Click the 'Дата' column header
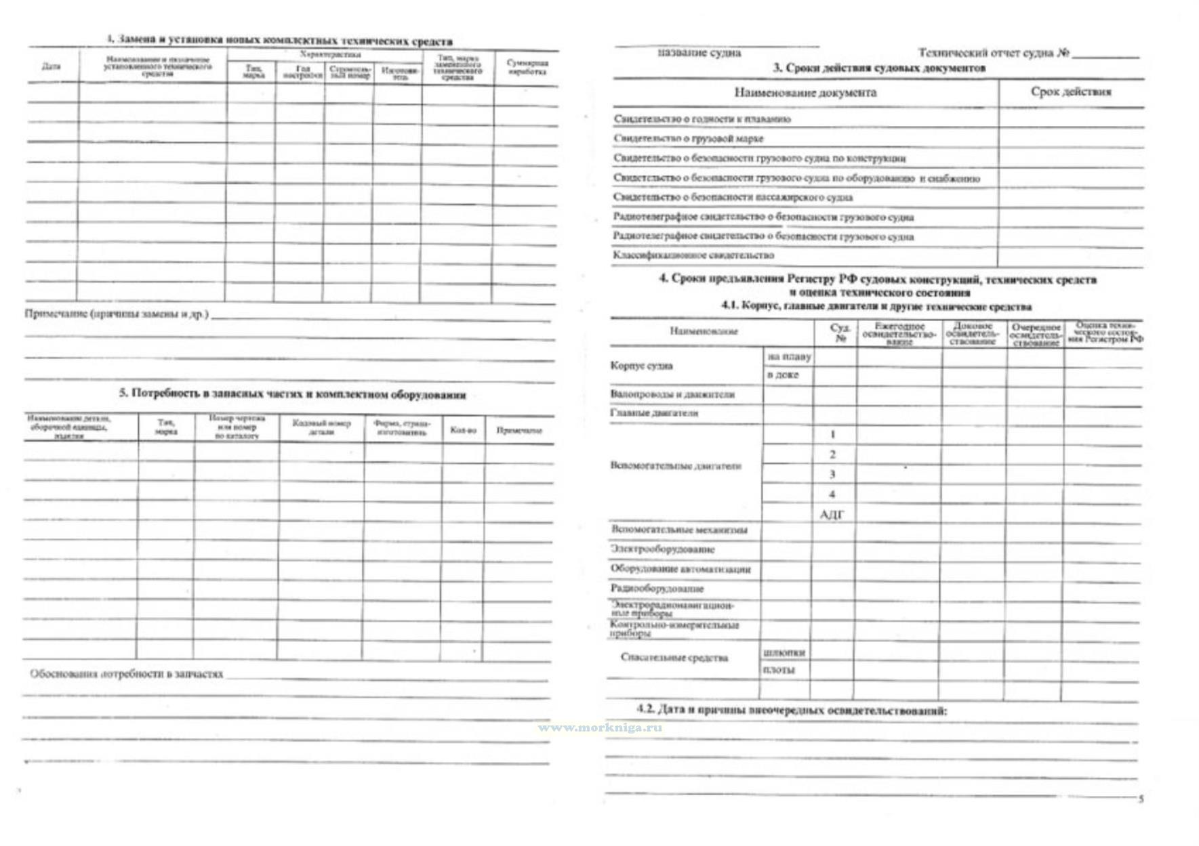click(51, 66)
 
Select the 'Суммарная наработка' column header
click(527, 67)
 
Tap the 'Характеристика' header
click(330, 54)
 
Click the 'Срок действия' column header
click(1070, 91)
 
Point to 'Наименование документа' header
click(805, 93)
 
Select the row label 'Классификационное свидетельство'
click(693, 255)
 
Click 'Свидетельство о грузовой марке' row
click(688, 138)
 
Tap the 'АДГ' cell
click(832, 515)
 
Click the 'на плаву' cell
click(788, 356)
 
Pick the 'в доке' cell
click(783, 375)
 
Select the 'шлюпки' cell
click(784, 652)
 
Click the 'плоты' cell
click(779, 670)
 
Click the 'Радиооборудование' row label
click(657, 589)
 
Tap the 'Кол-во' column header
click(463, 430)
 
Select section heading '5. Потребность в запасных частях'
click(292, 394)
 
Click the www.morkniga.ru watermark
click(600, 727)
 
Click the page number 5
click(1141, 799)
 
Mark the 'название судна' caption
click(699, 53)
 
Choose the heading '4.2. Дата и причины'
click(791, 710)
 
